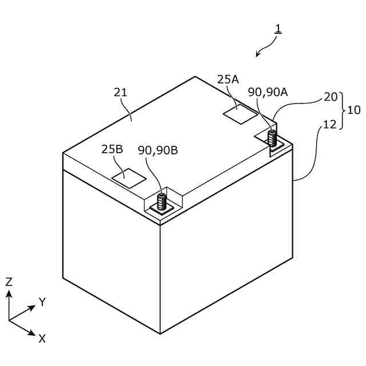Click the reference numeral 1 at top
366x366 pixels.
click(x=278, y=28)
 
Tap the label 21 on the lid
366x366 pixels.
click(x=121, y=92)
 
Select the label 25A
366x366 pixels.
click(x=228, y=79)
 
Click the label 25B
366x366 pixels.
click(x=112, y=150)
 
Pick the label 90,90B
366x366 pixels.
click(x=158, y=150)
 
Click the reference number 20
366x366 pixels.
click(x=331, y=97)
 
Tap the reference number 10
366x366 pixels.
click(x=354, y=110)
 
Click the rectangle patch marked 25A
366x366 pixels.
click(x=240, y=113)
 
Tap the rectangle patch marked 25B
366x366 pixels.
click(x=129, y=178)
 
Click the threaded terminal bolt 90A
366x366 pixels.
click(x=272, y=138)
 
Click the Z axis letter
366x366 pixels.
click(x=9, y=281)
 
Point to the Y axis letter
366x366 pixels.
click(x=42, y=302)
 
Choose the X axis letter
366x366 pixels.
click(x=42, y=338)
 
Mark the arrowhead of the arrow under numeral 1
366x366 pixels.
click(x=258, y=55)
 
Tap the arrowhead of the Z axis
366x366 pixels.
click(x=9, y=293)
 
